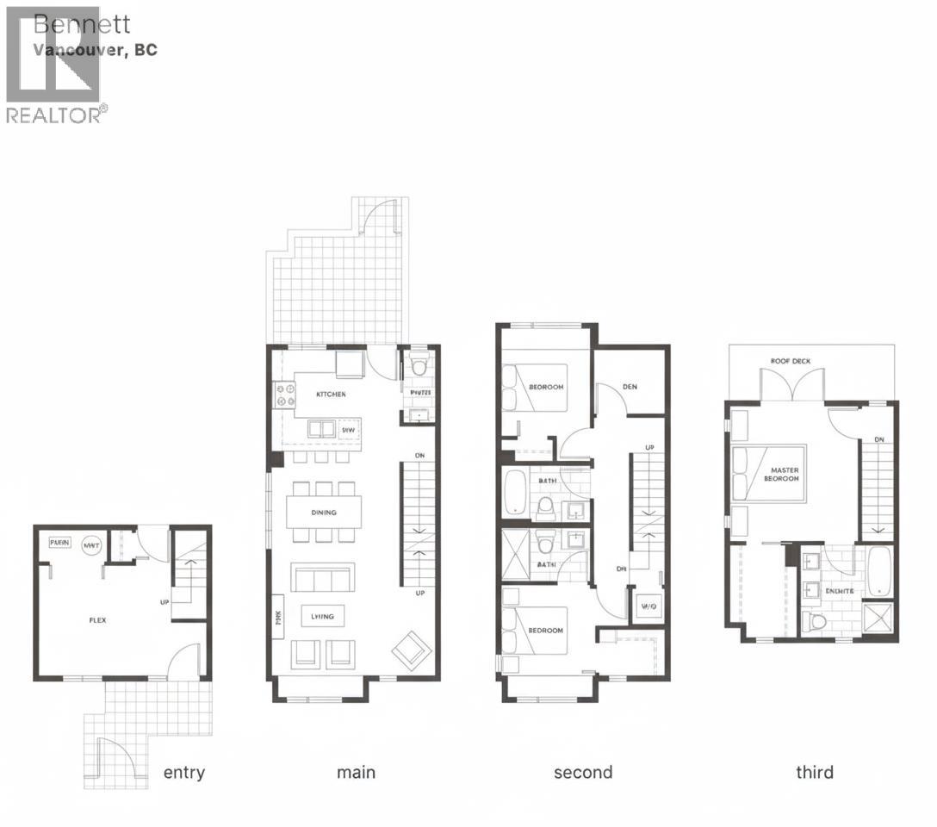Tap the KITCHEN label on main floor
click(331, 394)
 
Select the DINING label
click(324, 513)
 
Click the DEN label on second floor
click(630, 387)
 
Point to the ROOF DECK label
click(791, 361)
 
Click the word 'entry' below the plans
click(184, 772)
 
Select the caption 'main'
click(356, 772)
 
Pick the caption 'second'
click(583, 772)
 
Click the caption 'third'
click(814, 772)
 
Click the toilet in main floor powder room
click(419, 365)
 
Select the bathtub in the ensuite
click(878, 571)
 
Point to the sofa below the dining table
click(323, 578)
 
